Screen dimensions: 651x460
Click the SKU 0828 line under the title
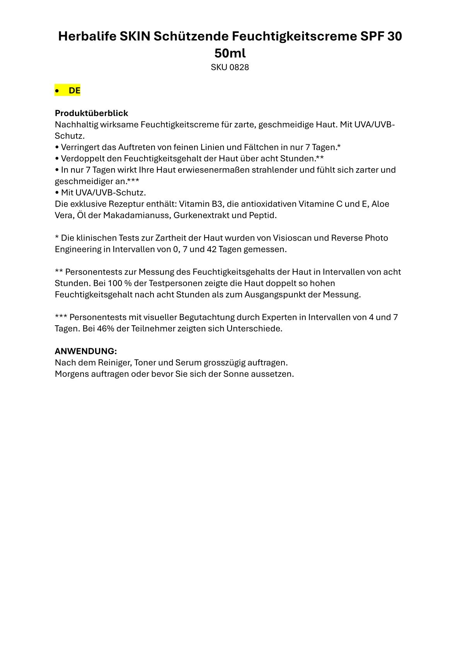(x=230, y=67)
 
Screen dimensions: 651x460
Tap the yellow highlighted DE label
(x=74, y=91)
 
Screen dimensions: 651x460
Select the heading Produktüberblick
(x=91, y=113)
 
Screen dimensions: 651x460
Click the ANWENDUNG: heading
(x=86, y=351)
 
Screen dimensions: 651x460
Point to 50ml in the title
(x=230, y=53)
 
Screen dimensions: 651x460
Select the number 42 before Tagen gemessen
(x=211, y=249)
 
